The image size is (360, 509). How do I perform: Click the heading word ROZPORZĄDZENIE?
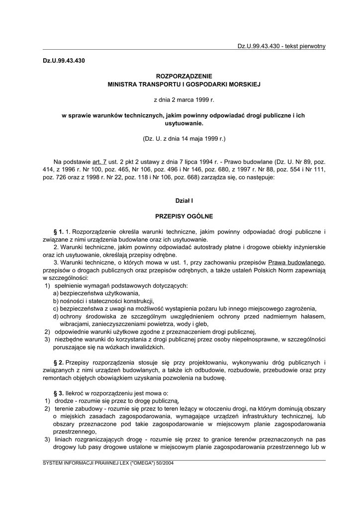pyautogui.click(x=184, y=76)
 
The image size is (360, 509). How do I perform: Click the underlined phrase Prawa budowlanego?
pyautogui.click(x=296, y=262)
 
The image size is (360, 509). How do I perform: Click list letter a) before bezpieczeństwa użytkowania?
pyautogui.click(x=56, y=294)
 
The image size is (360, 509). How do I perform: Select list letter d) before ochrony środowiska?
pyautogui.click(x=56, y=317)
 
